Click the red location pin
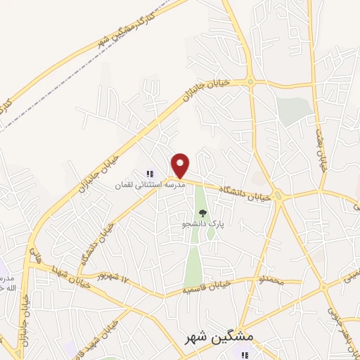(181, 165)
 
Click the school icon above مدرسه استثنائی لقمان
(149, 173)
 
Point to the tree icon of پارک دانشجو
(202, 213)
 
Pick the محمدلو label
(252, 282)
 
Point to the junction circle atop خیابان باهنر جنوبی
(324, 288)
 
